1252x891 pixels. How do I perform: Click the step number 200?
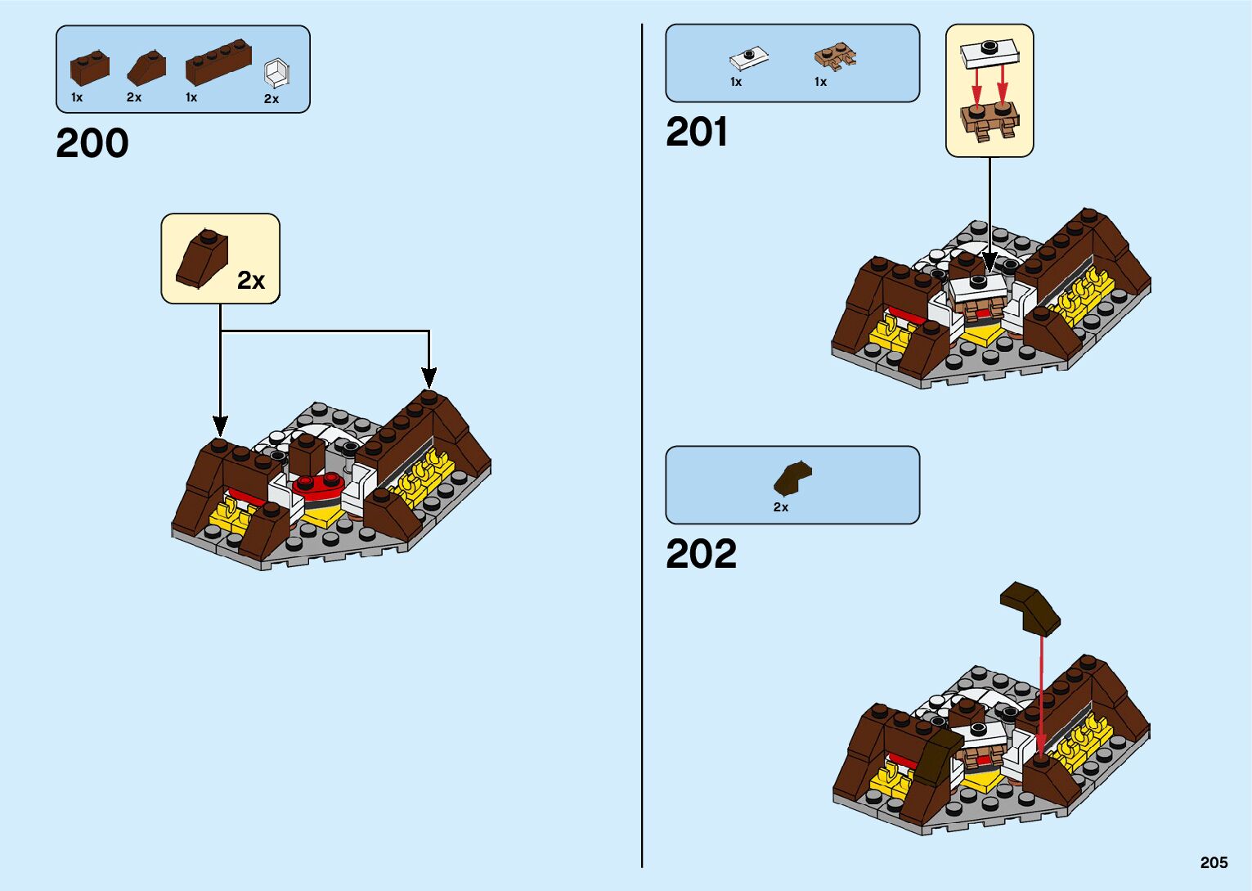[x=92, y=143]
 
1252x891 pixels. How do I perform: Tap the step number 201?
[x=697, y=132]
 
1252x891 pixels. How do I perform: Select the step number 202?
[x=701, y=554]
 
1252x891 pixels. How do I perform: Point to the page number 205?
[x=1214, y=862]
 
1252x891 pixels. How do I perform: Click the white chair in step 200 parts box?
[x=276, y=73]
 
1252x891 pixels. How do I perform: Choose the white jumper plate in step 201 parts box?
[x=748, y=58]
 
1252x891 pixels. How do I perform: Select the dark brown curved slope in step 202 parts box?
[x=792, y=478]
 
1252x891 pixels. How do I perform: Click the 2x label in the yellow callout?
[x=251, y=281]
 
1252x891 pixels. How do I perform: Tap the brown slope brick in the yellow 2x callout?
[x=203, y=258]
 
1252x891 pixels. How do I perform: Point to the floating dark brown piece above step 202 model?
[x=1030, y=607]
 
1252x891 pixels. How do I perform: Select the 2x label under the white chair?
[x=271, y=99]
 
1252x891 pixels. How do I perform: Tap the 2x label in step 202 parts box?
[x=781, y=507]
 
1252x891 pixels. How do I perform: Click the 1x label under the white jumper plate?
[x=736, y=82]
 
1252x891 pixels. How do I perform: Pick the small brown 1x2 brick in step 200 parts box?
[x=89, y=67]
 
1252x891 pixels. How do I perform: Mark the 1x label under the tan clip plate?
[x=820, y=82]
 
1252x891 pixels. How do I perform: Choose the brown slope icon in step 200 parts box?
[x=146, y=68]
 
